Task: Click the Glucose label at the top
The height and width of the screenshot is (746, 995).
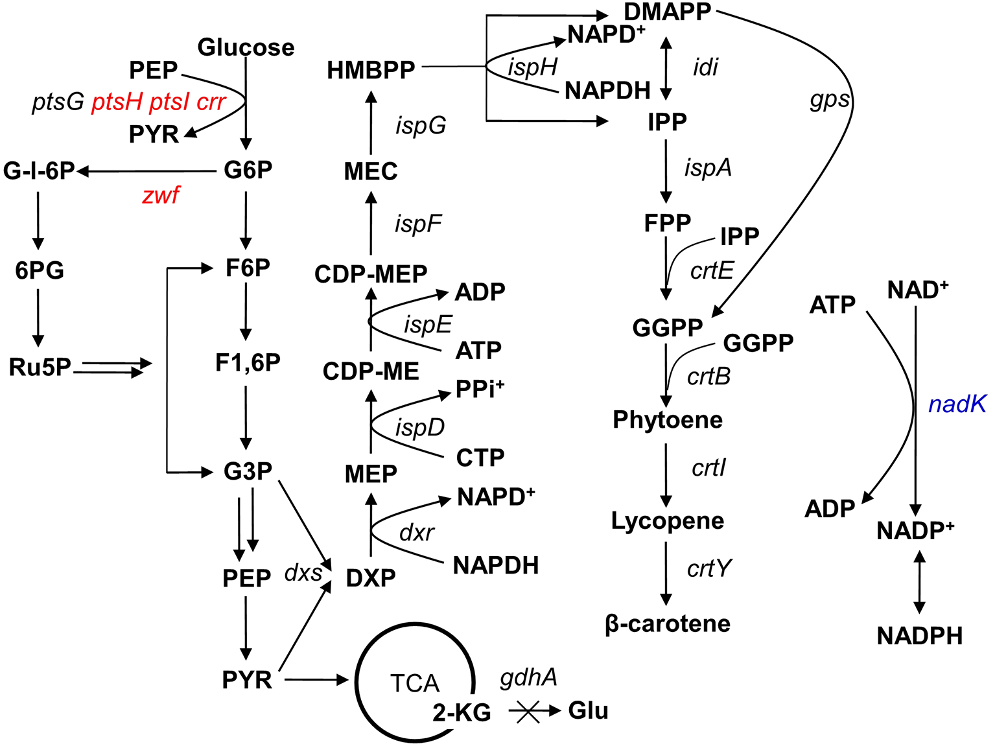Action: (x=246, y=47)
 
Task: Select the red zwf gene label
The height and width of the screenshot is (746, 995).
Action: (x=161, y=194)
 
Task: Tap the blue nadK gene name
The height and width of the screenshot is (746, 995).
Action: (x=957, y=404)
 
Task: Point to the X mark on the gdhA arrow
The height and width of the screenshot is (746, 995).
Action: (x=528, y=712)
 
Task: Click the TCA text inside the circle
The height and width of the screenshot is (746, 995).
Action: (x=415, y=683)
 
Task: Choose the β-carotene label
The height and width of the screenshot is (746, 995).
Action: (x=668, y=624)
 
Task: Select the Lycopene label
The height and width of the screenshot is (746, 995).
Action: (x=668, y=521)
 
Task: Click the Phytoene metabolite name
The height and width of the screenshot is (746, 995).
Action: (x=668, y=420)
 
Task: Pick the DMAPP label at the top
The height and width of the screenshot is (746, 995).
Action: (x=668, y=12)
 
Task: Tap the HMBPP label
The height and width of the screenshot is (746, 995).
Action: (x=371, y=70)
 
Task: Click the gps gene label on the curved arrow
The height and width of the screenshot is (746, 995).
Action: (x=829, y=99)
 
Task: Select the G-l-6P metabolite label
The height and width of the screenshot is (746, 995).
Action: (x=39, y=170)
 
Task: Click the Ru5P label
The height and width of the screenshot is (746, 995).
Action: (x=40, y=367)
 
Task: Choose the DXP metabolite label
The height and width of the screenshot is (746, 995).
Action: (x=371, y=577)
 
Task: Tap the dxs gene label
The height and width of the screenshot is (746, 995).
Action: (x=303, y=573)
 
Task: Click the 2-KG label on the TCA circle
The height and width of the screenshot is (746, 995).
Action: (x=462, y=713)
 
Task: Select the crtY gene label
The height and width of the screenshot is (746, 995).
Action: (x=708, y=568)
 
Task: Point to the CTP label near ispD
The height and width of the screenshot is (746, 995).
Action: (x=480, y=458)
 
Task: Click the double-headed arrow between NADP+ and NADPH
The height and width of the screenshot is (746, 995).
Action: (x=919, y=582)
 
